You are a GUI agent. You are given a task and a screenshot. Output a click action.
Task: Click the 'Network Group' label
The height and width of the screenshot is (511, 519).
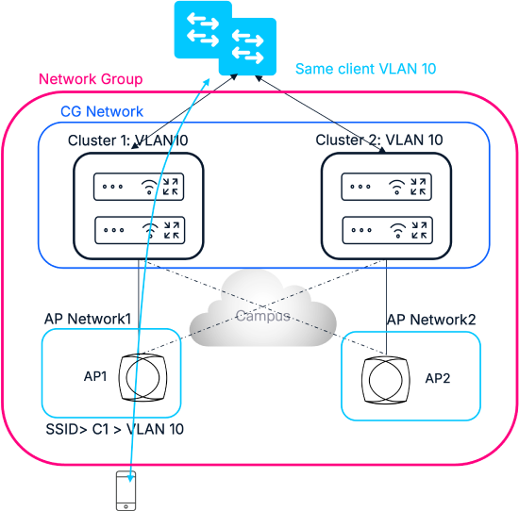(x=91, y=79)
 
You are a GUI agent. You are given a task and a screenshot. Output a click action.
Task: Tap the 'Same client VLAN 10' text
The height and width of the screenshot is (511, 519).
(x=366, y=69)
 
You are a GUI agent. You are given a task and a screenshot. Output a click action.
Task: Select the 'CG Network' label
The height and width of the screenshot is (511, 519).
(x=102, y=111)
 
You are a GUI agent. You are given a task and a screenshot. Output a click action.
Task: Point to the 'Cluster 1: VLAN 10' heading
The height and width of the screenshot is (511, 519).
(x=127, y=140)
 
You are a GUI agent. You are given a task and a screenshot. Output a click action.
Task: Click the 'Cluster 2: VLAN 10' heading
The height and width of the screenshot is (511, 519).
(x=379, y=140)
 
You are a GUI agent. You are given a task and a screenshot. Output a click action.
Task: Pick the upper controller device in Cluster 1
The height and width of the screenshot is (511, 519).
(x=139, y=187)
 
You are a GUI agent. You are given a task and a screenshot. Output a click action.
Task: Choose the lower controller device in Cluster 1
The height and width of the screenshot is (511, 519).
(x=140, y=230)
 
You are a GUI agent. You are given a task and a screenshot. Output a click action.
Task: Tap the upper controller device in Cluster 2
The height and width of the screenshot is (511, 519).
(x=386, y=187)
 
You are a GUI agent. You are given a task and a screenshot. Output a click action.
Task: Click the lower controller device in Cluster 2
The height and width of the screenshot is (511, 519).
(x=387, y=230)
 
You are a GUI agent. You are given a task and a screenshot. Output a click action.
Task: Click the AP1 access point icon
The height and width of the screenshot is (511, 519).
(x=143, y=377)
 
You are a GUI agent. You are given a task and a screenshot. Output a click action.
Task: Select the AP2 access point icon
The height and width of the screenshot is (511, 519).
(x=386, y=379)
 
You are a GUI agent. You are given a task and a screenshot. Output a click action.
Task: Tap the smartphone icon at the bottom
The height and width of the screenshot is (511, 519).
(x=126, y=491)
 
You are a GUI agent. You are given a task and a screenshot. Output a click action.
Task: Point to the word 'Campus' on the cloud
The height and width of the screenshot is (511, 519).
(x=263, y=316)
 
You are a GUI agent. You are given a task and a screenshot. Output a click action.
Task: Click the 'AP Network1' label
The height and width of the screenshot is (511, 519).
(x=88, y=319)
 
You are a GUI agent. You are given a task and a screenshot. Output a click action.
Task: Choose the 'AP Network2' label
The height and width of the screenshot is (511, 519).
(x=431, y=320)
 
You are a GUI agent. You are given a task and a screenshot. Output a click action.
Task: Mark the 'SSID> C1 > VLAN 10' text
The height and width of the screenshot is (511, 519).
(x=114, y=429)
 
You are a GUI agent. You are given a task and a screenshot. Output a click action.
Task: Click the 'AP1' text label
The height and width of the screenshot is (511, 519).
(x=95, y=376)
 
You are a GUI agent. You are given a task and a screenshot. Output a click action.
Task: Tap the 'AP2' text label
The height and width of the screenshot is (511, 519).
(x=438, y=378)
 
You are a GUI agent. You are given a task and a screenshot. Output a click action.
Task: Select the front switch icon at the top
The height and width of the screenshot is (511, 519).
(x=247, y=46)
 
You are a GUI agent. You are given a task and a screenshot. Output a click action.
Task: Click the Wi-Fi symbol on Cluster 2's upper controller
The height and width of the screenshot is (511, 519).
(x=396, y=187)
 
